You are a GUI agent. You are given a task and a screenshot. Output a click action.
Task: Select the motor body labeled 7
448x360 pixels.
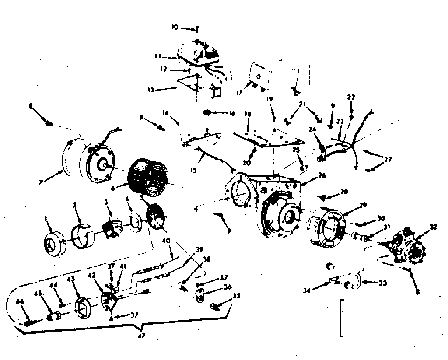click(87, 160)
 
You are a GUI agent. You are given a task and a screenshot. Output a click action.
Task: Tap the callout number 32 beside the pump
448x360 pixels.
click(434, 227)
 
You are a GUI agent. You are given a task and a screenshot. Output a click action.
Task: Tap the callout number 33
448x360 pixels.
click(382, 283)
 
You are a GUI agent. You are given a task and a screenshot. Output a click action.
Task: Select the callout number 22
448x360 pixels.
click(351, 97)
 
